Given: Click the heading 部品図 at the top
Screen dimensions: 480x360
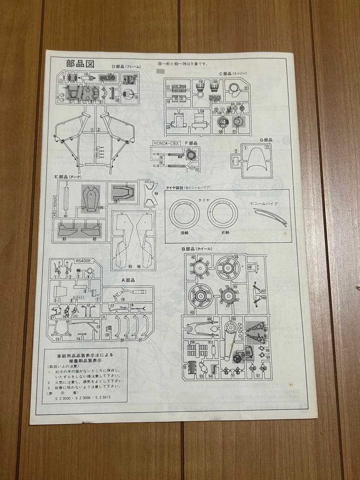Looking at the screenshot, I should [80, 63].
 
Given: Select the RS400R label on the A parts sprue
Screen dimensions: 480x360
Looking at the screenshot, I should [83, 261].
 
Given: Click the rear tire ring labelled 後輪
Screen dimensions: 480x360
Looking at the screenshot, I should [184, 213].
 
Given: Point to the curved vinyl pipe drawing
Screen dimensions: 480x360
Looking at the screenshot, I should [270, 216].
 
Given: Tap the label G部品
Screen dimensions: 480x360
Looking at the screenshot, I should [266, 140].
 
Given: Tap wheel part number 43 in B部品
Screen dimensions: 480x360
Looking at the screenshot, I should [201, 296].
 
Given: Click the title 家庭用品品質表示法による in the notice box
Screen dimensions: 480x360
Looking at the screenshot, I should [86, 356].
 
